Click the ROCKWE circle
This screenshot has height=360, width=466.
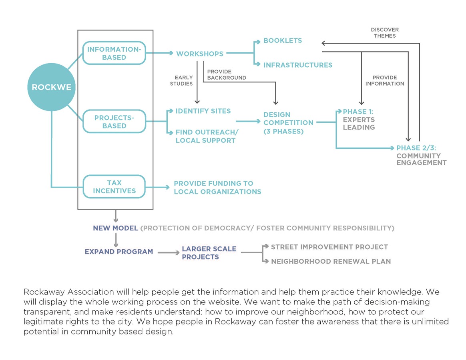[51, 87]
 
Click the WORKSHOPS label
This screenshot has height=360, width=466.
[200, 54]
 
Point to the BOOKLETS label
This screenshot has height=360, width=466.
[283, 40]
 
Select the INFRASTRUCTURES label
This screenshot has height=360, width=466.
[298, 65]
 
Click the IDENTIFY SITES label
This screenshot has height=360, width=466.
[203, 111]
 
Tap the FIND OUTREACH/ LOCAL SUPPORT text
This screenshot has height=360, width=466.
[207, 136]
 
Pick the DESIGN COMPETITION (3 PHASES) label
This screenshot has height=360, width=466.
[288, 123]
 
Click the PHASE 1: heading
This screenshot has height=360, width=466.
[358, 112]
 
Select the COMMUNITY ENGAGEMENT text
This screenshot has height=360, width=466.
[422, 159]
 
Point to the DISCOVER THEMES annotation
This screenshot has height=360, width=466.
[385, 33]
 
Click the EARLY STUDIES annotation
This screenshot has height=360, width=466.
[181, 80]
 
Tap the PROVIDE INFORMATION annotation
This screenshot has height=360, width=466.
[385, 80]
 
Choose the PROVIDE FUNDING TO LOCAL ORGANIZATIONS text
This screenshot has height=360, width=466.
[217, 188]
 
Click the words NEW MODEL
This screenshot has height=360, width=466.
[115, 228]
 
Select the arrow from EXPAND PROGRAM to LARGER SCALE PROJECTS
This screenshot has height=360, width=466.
[169, 253]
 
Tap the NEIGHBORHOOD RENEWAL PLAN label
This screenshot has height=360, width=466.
[331, 261]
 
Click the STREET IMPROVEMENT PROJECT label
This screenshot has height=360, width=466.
[329, 247]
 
